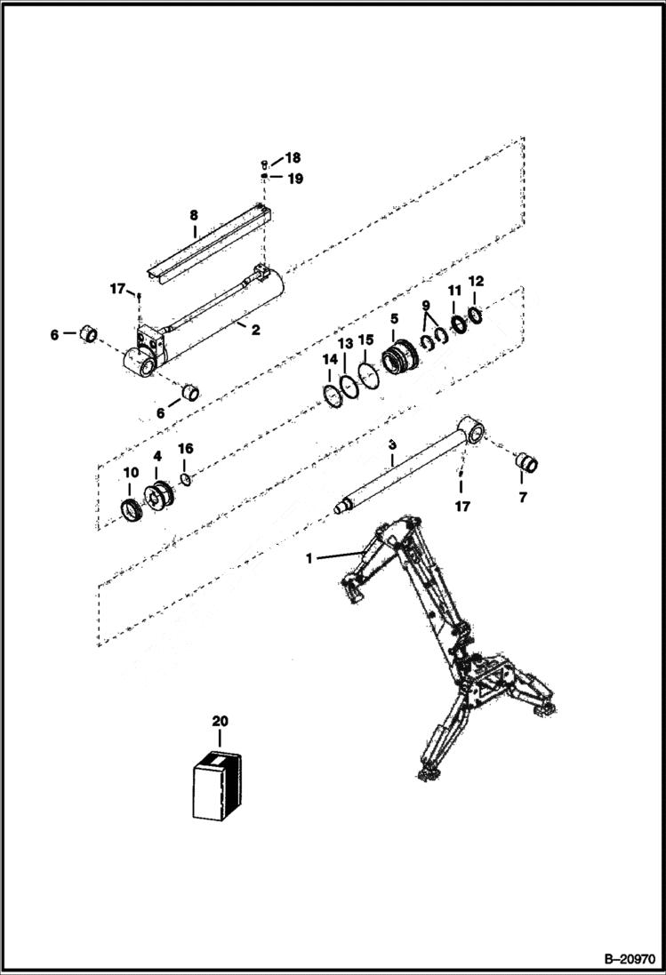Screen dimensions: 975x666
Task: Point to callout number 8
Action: pos(193,215)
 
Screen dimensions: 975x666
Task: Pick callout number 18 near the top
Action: pos(293,159)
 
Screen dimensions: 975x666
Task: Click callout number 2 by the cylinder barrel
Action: pos(255,331)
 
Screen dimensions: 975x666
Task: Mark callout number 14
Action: pos(331,360)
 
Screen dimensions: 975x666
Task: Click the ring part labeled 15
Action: pos(367,372)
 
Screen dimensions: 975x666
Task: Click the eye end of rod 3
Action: pos(472,433)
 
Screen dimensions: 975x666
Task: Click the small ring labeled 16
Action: pos(185,481)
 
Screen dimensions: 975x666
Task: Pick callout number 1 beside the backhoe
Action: pos(309,559)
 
